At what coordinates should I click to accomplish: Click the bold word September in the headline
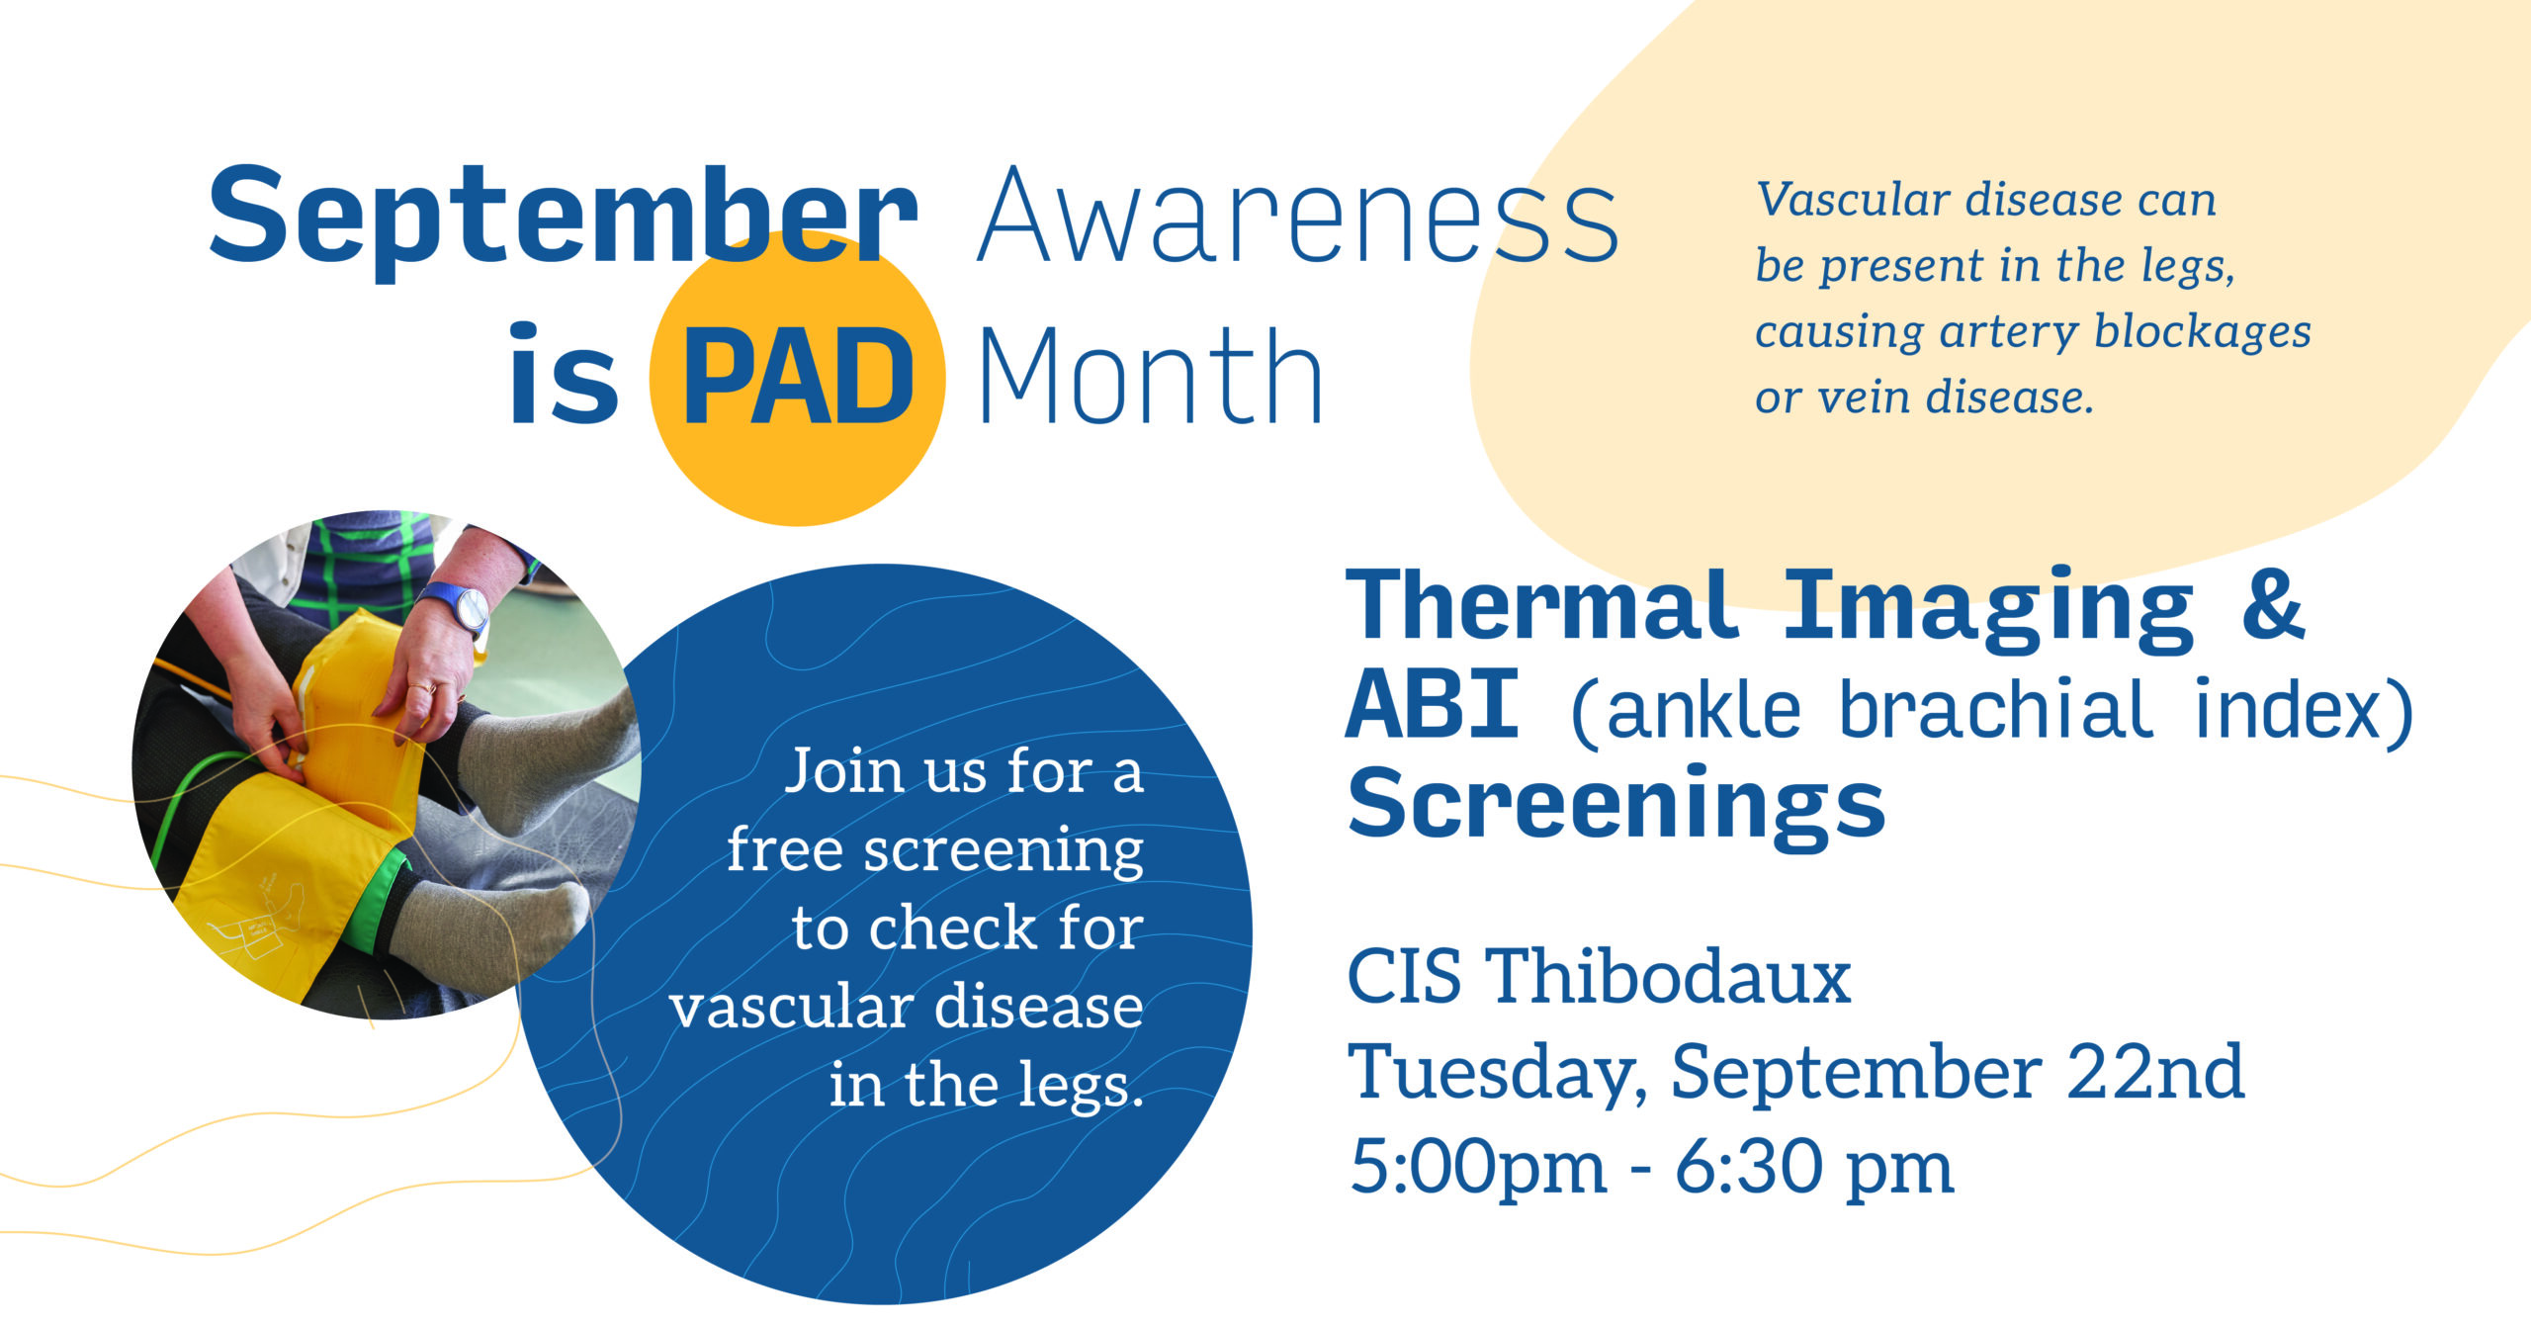[564, 220]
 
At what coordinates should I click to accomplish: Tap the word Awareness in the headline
[1298, 216]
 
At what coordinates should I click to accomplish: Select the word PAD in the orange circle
[798, 377]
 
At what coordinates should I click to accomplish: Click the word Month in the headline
[1151, 377]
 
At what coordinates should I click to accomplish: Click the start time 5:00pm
[1478, 1169]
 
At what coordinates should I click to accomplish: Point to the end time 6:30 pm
[1814, 1169]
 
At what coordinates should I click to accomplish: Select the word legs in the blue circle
[1082, 1089]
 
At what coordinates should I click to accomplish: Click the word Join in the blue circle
[841, 773]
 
